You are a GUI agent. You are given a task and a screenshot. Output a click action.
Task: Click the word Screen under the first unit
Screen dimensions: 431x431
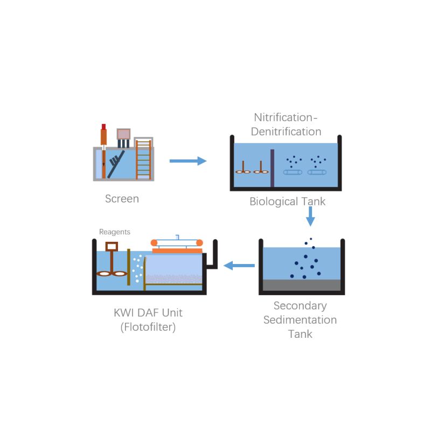pyautogui.click(x=122, y=199)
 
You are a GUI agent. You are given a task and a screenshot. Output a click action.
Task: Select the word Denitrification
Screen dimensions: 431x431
pyautogui.click(x=286, y=131)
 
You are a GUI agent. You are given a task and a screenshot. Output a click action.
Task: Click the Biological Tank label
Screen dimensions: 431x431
pyautogui.click(x=288, y=201)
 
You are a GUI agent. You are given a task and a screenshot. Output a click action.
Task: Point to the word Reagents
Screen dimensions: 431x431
pyautogui.click(x=115, y=232)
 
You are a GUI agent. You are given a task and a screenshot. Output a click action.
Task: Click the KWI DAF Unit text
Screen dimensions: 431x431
pyautogui.click(x=148, y=312)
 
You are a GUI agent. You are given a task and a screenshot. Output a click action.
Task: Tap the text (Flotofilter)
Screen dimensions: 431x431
pyautogui.click(x=148, y=327)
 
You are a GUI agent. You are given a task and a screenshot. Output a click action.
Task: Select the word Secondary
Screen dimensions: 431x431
pyautogui.click(x=300, y=306)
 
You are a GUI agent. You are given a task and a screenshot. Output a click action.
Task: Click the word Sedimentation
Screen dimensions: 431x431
pyautogui.click(x=300, y=320)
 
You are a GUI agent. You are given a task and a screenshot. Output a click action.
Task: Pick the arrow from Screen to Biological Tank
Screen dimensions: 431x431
pyautogui.click(x=188, y=161)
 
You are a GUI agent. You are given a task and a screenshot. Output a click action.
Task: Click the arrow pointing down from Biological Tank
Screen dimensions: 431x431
pyautogui.click(x=310, y=217)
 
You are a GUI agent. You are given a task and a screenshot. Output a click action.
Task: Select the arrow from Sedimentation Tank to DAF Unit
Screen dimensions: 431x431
pyautogui.click(x=239, y=265)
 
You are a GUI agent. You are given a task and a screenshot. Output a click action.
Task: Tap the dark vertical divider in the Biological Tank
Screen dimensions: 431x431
pyautogui.click(x=272, y=168)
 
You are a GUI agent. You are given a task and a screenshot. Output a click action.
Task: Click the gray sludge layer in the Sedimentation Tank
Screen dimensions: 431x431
pyautogui.click(x=302, y=285)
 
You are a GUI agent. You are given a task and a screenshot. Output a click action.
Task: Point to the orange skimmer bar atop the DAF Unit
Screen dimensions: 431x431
pyautogui.click(x=178, y=250)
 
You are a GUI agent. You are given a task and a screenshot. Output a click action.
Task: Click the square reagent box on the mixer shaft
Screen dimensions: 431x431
pyautogui.click(x=112, y=246)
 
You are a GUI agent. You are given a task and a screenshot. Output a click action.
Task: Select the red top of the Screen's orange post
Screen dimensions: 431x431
pyautogui.click(x=103, y=127)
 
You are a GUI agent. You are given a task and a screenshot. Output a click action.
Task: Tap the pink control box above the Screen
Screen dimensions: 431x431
pyautogui.click(x=124, y=134)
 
